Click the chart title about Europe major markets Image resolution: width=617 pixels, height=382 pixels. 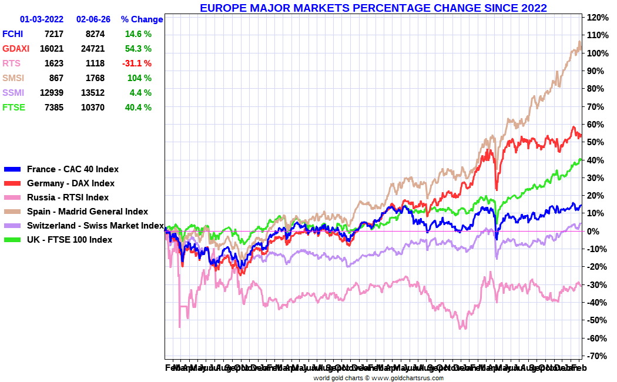coord(373,8)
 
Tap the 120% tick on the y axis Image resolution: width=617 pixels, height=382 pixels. coord(596,18)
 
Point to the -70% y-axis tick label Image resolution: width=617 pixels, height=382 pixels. coord(596,356)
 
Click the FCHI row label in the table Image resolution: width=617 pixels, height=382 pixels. coord(12,34)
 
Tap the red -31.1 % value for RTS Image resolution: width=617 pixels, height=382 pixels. coord(137,63)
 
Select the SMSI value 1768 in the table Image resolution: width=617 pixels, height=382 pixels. coord(95,78)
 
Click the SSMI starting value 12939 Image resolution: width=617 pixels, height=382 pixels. coord(49,93)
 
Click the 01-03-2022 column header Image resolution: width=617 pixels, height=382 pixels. coord(42,19)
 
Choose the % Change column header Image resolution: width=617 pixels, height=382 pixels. coord(142,19)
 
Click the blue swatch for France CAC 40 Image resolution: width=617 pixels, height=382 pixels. coord(12,169)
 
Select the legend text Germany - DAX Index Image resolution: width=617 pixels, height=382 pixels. coord(71,183)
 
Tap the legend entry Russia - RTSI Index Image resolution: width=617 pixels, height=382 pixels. coord(68,197)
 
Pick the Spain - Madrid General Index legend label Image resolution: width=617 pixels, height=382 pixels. coord(88,212)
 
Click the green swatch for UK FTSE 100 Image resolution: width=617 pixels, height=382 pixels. coord(12,240)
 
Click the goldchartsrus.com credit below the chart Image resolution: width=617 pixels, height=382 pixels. coord(378,378)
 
